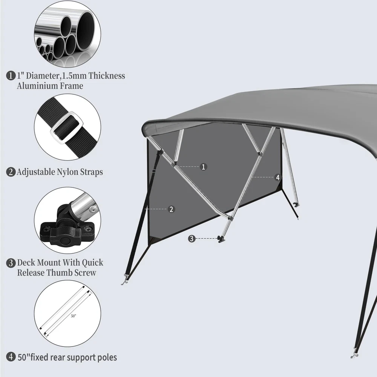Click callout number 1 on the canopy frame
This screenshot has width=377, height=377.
204,167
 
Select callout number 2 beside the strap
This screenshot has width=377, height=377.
171,209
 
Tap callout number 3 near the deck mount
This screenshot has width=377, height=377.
192,239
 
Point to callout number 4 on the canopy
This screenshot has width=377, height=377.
278,178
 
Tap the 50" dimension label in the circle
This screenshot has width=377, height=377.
74,316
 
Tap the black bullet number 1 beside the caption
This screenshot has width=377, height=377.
11,76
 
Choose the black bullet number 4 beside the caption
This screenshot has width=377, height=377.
11,357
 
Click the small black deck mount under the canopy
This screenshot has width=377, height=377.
221,239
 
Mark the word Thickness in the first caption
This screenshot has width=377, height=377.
107,76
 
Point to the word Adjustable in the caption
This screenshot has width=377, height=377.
36,172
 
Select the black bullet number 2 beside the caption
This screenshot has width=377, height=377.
11,172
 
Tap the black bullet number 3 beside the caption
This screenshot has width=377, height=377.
11,263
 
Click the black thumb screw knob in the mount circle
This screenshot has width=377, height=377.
64,241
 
